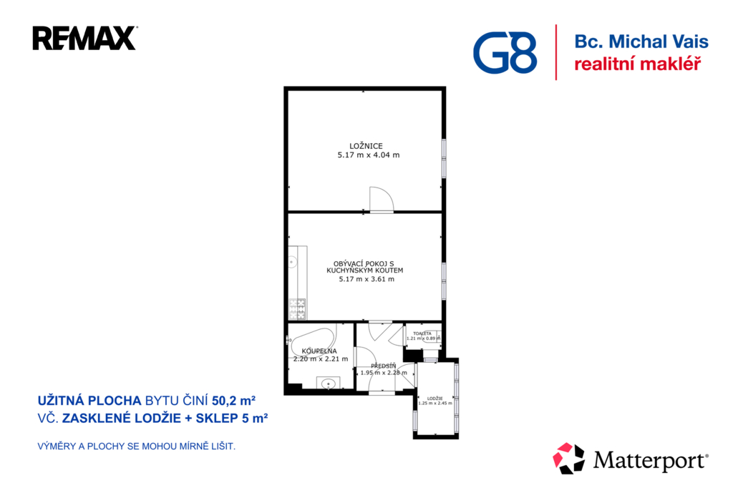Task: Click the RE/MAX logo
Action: coord(84,38)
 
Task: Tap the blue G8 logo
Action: coord(505,52)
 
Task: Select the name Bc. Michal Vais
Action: coord(641,42)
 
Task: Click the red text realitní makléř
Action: coord(637,64)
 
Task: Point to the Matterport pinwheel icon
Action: coord(568,458)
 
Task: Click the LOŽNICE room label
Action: coord(366,146)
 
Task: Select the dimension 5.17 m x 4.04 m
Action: coord(369,155)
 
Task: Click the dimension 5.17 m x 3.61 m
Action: coord(366,279)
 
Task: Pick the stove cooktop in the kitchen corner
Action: coord(297,309)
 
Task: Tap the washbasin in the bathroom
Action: coord(328,384)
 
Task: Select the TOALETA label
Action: coord(422,333)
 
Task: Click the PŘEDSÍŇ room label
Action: coord(384,366)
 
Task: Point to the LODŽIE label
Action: coord(435,399)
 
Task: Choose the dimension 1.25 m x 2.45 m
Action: coord(435,403)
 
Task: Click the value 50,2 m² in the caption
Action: coord(234,401)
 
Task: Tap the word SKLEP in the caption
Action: coord(217,418)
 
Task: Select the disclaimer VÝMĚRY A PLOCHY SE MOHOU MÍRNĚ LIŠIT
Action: coord(137,446)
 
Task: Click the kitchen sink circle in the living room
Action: coord(292,262)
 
